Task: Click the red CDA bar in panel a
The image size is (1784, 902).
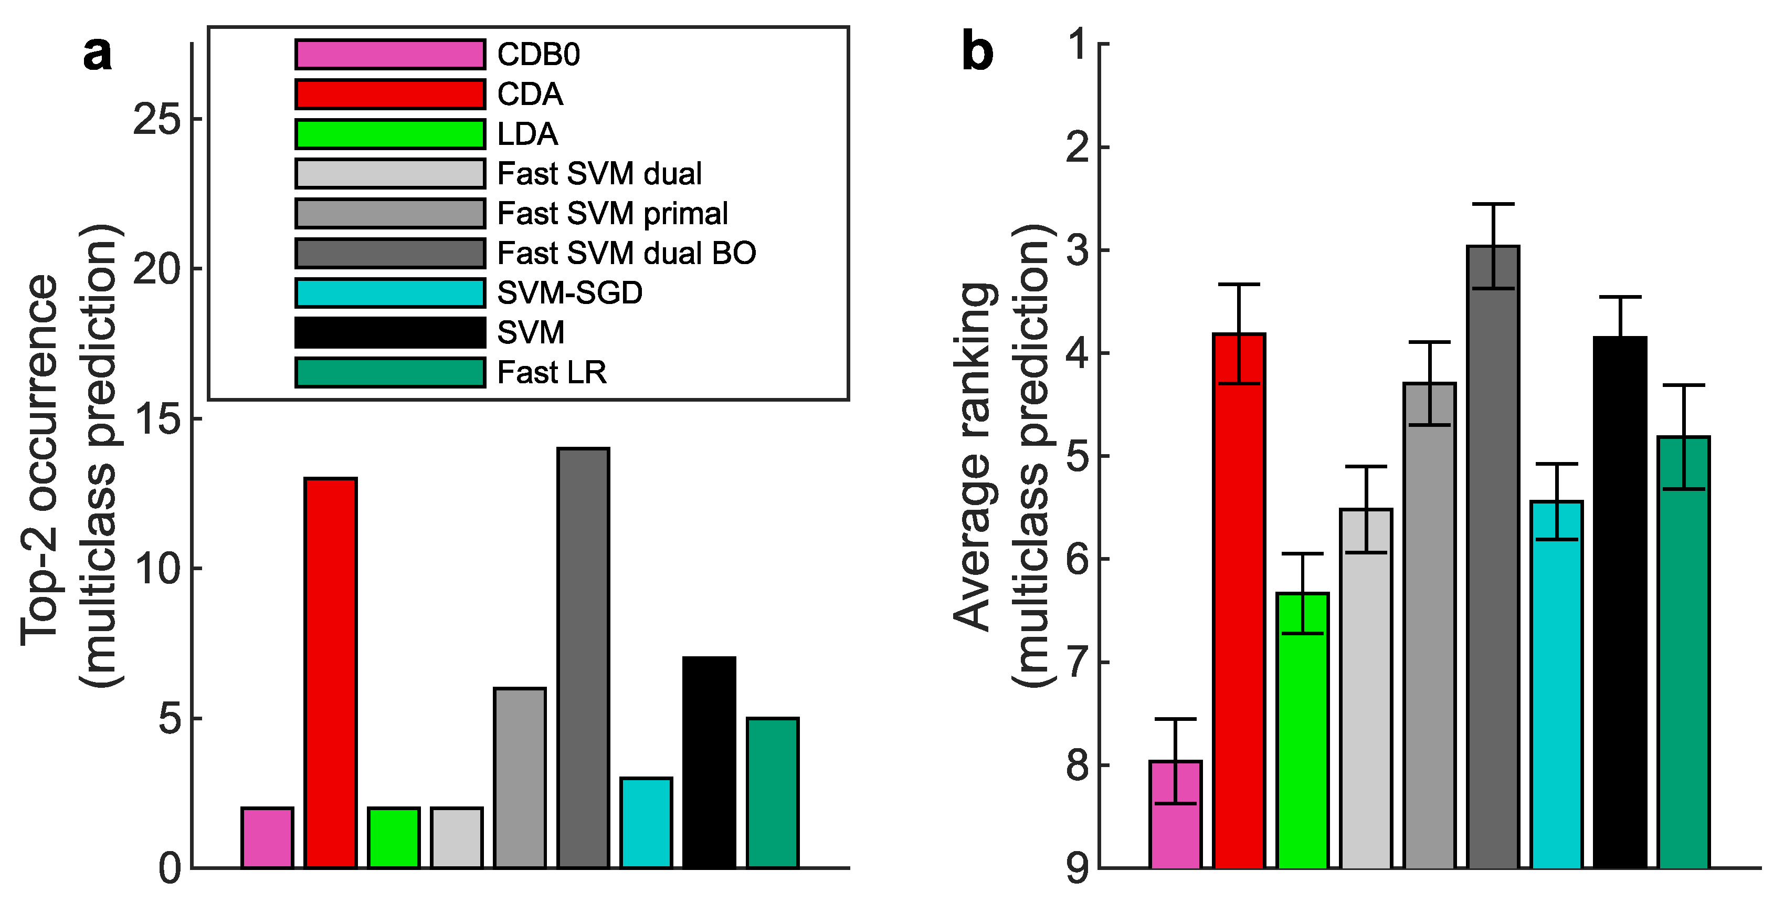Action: pos(330,672)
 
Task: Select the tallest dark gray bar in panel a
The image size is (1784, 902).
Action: pos(583,658)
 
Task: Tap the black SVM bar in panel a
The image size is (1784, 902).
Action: pos(709,762)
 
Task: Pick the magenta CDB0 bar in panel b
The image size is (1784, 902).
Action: pos(1175,814)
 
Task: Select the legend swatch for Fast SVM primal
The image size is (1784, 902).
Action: pos(390,213)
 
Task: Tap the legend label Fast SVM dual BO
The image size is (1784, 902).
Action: pos(626,254)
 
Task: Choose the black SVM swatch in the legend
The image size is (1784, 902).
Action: pos(390,332)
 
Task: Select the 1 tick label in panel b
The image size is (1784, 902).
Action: pos(1078,45)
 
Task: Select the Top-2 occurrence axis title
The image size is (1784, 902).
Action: pos(40,460)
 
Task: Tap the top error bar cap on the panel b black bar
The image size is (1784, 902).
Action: pos(1620,297)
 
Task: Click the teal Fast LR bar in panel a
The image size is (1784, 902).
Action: pos(772,793)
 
